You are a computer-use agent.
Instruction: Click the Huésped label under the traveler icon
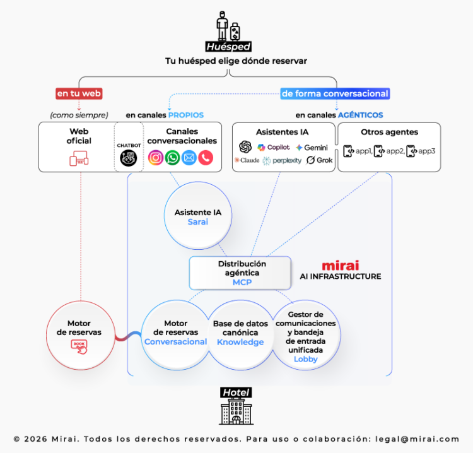tap(228, 47)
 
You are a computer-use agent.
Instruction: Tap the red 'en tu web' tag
tap(79, 93)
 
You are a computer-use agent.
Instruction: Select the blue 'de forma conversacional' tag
tap(335, 93)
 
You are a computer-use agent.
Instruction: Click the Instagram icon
tap(156, 158)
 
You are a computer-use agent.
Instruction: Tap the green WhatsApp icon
tap(172, 158)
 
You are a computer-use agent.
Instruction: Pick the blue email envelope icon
tap(189, 158)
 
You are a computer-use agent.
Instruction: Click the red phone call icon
tap(206, 158)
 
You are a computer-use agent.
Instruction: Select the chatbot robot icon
tap(128, 158)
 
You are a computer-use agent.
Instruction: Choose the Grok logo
tap(320, 161)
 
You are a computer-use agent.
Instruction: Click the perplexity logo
tap(282, 161)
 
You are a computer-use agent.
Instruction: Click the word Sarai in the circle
tap(198, 222)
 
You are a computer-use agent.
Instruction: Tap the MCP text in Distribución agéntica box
tap(242, 282)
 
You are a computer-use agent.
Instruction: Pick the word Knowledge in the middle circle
tap(240, 342)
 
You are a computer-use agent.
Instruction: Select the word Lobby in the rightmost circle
tap(305, 359)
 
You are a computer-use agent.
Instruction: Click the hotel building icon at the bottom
tap(236, 411)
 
